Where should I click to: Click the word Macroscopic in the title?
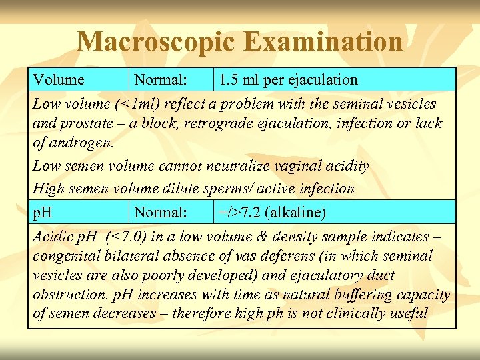[155, 42]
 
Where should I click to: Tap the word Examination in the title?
[323, 42]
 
